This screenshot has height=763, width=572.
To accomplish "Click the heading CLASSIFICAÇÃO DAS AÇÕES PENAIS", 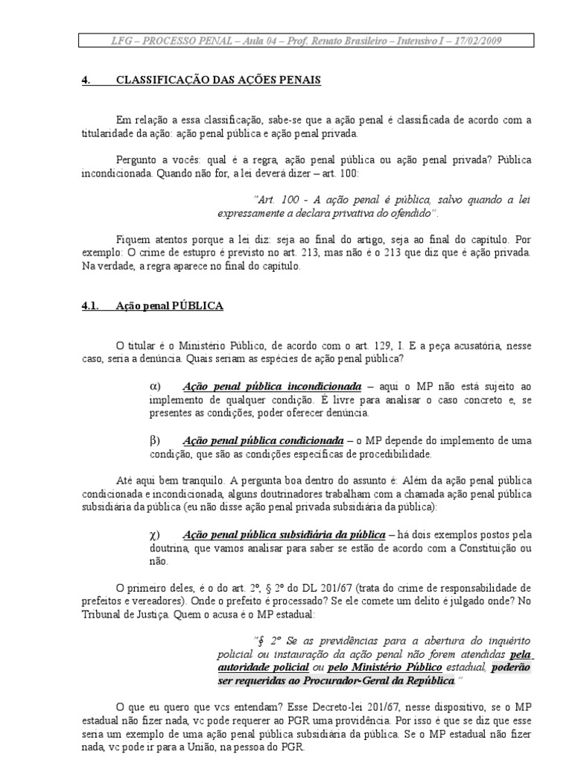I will pos(218,80).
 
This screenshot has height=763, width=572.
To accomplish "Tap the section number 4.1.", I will pos(89,305).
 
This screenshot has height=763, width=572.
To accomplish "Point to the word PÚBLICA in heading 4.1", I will pos(199,305).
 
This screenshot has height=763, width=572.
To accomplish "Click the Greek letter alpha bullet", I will pos(155,387).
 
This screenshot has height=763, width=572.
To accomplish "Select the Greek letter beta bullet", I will pos(155,440).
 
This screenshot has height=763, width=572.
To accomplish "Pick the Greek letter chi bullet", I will pos(155,534).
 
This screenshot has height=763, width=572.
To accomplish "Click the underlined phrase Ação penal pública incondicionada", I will pos(272,387).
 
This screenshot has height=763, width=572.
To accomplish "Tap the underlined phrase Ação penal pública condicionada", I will pos(263,440).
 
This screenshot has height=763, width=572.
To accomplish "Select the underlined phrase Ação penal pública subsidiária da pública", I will pos(284,534).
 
